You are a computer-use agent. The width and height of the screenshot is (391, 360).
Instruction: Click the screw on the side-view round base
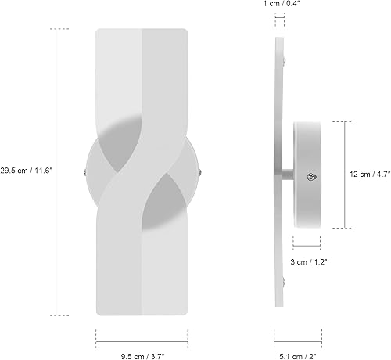pyautogui.click(x=315, y=178)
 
